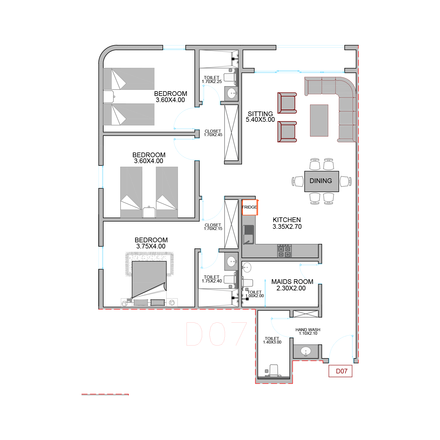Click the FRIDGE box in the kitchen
(x=250, y=207)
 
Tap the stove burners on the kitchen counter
(x=284, y=251)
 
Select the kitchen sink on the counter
(x=248, y=235)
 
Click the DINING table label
(x=321, y=181)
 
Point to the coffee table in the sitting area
(x=319, y=121)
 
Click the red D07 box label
(x=340, y=371)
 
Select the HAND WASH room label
(x=308, y=330)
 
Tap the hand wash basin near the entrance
(x=306, y=351)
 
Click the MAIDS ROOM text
(x=292, y=282)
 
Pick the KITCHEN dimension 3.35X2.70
(x=287, y=226)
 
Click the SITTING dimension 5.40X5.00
(x=260, y=120)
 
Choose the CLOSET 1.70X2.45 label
(x=213, y=133)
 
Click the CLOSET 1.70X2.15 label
(x=213, y=227)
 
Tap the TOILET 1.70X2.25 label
(x=212, y=79)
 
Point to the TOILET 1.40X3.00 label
(x=272, y=340)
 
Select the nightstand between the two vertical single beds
(x=149, y=212)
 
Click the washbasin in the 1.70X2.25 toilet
(x=231, y=94)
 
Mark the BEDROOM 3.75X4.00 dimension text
(x=151, y=246)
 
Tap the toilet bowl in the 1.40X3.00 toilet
(x=274, y=370)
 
